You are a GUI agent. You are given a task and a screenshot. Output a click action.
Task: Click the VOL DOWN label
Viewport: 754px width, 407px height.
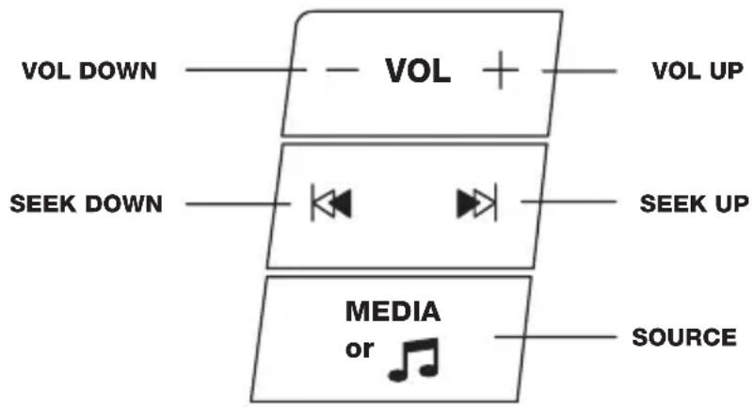[89, 72]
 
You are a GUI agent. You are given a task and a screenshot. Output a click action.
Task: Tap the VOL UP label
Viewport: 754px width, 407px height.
[698, 72]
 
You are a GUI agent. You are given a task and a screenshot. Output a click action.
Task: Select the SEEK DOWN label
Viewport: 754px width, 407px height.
[86, 204]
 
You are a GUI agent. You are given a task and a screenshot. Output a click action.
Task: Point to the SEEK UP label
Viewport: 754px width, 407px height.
[695, 204]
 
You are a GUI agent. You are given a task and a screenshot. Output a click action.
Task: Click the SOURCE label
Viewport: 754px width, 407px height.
[684, 337]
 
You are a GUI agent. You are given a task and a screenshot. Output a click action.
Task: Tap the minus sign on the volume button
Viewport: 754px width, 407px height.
[342, 71]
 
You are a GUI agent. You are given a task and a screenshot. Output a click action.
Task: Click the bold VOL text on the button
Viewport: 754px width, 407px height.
[418, 72]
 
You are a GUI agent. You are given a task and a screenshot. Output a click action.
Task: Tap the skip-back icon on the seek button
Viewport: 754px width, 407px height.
[331, 203]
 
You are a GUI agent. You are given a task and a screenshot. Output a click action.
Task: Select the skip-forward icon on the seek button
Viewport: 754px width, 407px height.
[476, 203]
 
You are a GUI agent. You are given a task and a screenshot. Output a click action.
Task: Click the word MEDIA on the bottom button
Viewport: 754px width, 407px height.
[393, 311]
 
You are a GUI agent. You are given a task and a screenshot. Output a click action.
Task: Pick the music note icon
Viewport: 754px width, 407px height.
[414, 359]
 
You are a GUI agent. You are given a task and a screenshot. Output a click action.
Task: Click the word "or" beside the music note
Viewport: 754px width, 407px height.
[360, 350]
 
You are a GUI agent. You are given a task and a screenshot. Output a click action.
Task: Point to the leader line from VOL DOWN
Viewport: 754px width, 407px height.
[246, 70]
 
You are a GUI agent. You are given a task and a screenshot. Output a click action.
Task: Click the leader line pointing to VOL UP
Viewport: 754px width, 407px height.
[580, 72]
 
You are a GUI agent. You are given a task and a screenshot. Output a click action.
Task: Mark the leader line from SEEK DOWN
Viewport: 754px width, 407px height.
[238, 204]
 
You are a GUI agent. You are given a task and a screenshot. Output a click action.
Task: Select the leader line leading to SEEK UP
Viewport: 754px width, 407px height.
[569, 202]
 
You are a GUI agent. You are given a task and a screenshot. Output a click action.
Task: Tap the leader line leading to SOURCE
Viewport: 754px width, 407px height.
[555, 336]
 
